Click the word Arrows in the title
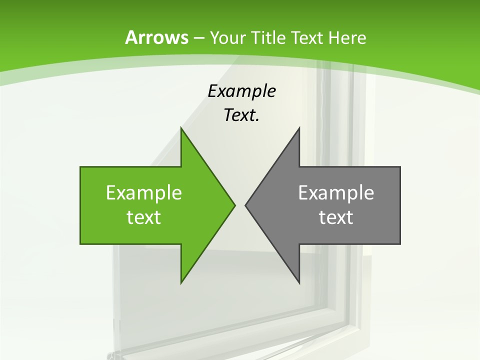156,37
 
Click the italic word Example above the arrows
241,91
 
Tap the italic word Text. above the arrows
241,115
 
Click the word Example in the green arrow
144,192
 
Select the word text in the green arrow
144,217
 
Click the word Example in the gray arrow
336,192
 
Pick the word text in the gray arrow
336,217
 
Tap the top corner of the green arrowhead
181,128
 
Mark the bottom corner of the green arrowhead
181,283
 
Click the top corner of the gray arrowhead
299,128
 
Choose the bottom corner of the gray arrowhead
299,283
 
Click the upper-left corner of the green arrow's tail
80,167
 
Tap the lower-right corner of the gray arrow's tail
400,244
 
